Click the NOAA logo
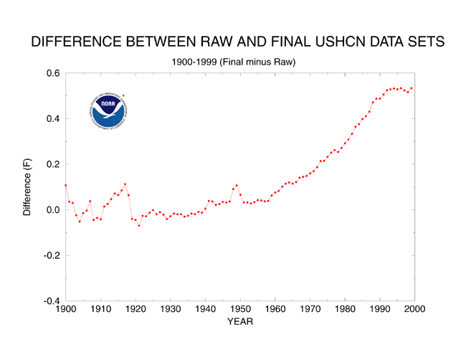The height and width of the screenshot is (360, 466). click(x=108, y=112)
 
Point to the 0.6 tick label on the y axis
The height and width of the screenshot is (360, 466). click(x=52, y=73)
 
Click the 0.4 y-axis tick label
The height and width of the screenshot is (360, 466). click(x=52, y=118)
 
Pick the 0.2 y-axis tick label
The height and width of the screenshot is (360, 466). click(x=52, y=164)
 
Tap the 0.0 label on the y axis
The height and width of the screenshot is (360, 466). click(x=52, y=209)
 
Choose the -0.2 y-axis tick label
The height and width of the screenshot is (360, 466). click(x=50, y=255)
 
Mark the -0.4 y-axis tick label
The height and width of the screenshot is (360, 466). click(x=50, y=300)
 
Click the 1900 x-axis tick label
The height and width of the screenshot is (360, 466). click(x=65, y=309)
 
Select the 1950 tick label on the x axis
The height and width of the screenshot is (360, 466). click(x=240, y=309)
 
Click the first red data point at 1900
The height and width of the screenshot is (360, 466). click(x=66, y=185)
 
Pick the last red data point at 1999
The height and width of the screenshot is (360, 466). click(x=412, y=88)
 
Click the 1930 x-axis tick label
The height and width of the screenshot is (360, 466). click(x=170, y=309)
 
